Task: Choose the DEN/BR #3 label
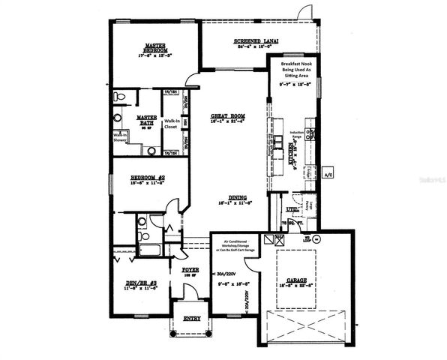[x=142, y=283]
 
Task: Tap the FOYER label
[x=190, y=269]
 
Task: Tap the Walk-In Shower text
[x=119, y=137]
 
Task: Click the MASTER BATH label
[x=145, y=120]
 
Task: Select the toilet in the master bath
[x=118, y=97]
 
